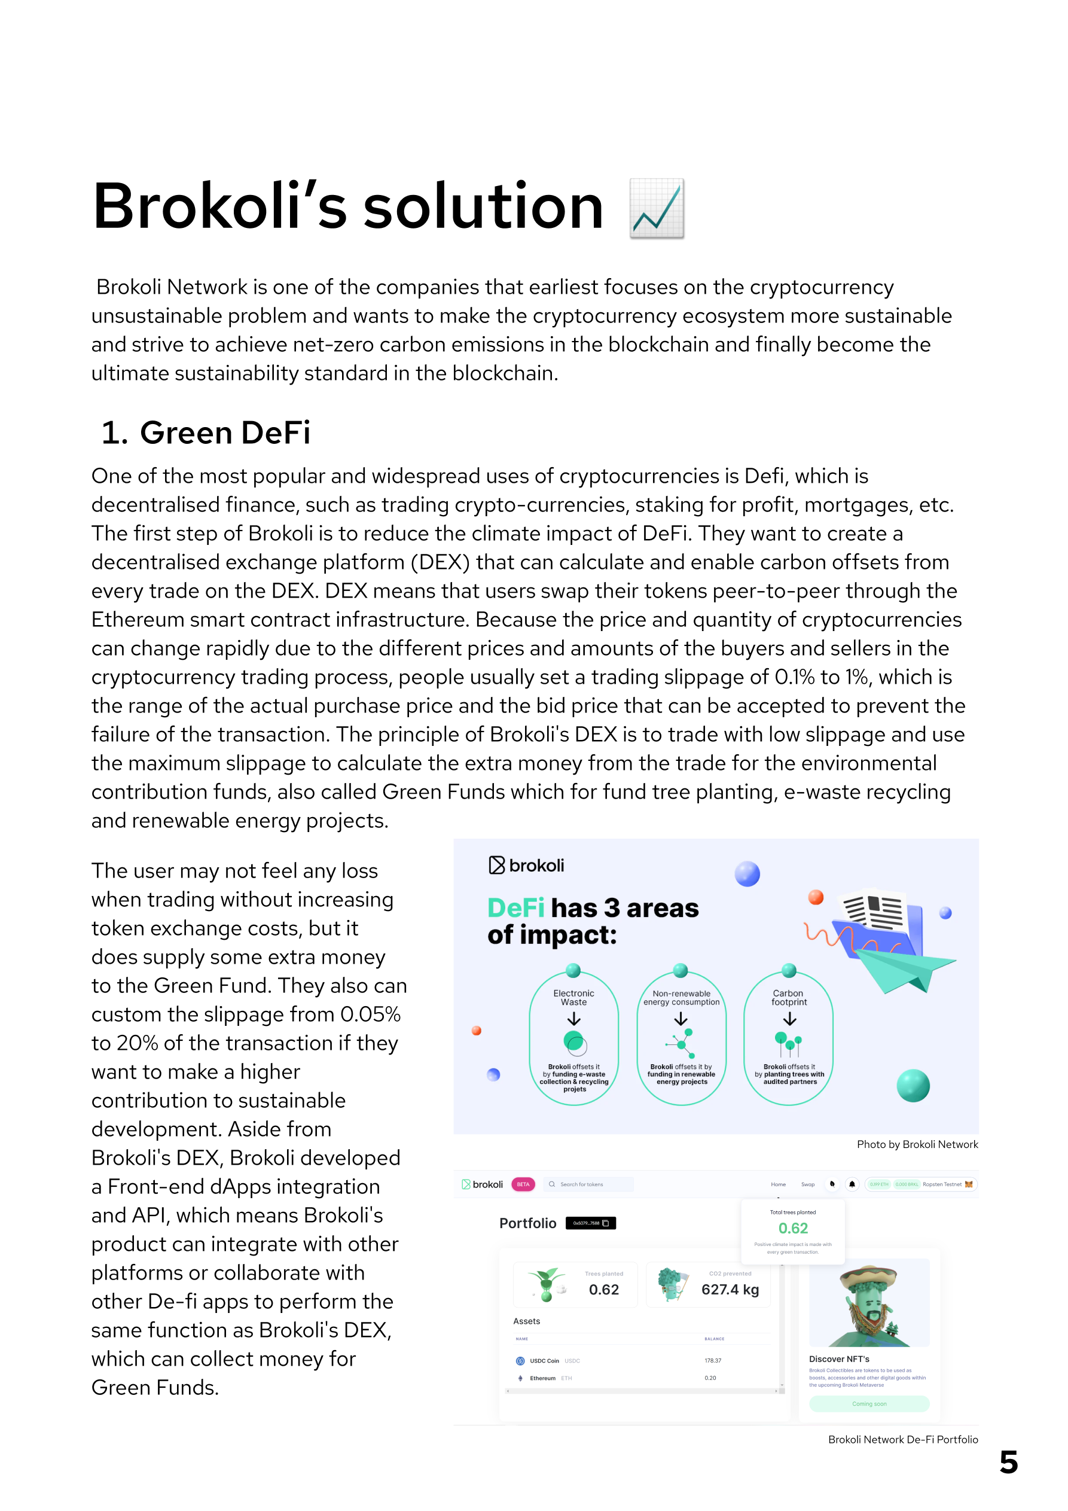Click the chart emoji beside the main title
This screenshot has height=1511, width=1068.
tap(657, 208)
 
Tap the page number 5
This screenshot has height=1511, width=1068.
tap(1008, 1463)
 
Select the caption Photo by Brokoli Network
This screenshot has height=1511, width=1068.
tap(917, 1144)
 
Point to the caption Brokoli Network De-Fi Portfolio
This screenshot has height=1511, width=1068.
tap(902, 1439)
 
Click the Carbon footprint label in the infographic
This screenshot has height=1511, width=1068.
tap(788, 998)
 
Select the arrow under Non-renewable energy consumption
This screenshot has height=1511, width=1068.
tap(681, 1019)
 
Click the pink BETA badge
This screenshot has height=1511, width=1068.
tap(523, 1184)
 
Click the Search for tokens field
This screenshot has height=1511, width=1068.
tap(589, 1184)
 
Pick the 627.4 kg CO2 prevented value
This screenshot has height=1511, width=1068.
tap(730, 1290)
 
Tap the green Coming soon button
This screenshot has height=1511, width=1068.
tap(869, 1404)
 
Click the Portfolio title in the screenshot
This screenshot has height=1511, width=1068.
tap(528, 1223)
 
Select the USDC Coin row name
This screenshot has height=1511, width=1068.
tap(544, 1361)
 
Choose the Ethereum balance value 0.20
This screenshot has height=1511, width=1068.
tap(710, 1378)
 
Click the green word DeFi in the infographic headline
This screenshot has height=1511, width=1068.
tap(515, 908)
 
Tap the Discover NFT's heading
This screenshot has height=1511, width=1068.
tap(839, 1359)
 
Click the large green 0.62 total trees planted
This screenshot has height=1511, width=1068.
tap(793, 1229)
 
